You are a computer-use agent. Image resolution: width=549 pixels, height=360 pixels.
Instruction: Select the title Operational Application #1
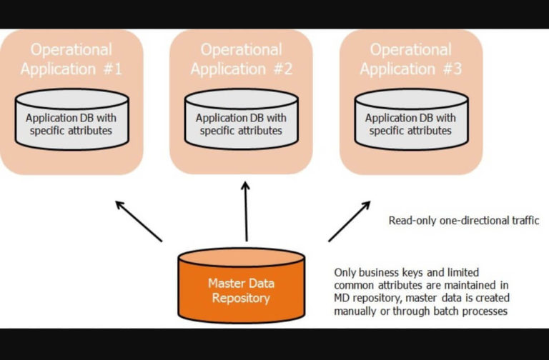pos(71,59)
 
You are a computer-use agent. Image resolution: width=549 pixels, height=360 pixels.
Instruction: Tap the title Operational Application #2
pos(241,59)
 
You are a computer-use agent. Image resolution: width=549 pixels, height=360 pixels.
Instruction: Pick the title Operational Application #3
pos(411,59)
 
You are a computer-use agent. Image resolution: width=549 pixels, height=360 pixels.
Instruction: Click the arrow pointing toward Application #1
pos(139,221)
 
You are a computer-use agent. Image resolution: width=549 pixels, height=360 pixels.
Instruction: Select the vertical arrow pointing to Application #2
pos(246,211)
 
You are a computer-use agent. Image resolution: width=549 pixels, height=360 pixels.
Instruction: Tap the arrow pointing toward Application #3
pos(350,221)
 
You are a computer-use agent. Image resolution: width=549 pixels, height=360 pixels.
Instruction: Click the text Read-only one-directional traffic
pos(463,221)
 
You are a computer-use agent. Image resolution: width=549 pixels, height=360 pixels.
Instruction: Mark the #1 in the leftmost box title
pos(112,69)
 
